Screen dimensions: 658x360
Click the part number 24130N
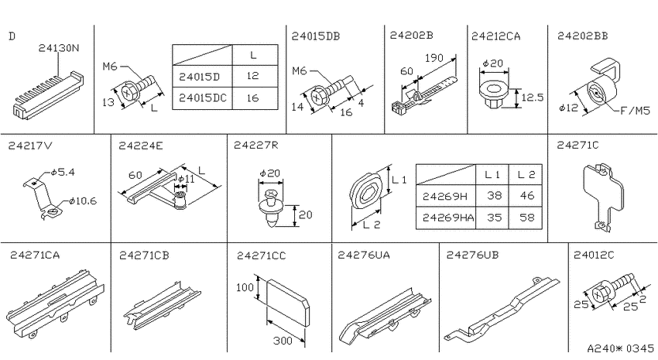[58, 48]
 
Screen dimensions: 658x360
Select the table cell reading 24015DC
[202, 98]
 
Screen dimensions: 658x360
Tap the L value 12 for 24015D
[252, 76]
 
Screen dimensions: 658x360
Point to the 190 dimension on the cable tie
[434, 58]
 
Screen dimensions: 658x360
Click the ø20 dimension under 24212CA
[492, 63]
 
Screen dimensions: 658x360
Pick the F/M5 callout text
[635, 111]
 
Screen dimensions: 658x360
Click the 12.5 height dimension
[532, 98]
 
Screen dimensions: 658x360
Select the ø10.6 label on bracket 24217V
[83, 201]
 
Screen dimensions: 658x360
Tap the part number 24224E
[141, 146]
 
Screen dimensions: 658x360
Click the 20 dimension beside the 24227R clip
[305, 214]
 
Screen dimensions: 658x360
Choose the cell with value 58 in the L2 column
[526, 218]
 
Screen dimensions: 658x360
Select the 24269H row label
[445, 196]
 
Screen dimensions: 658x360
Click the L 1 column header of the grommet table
[492, 174]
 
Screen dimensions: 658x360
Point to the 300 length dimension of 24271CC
[283, 341]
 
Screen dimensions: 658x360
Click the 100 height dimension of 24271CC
[245, 288]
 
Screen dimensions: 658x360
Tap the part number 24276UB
[472, 255]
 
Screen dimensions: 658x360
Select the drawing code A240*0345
[620, 348]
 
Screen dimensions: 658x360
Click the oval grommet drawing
[365, 192]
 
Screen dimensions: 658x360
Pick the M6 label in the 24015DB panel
[300, 71]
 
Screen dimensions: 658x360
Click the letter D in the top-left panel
[12, 36]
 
